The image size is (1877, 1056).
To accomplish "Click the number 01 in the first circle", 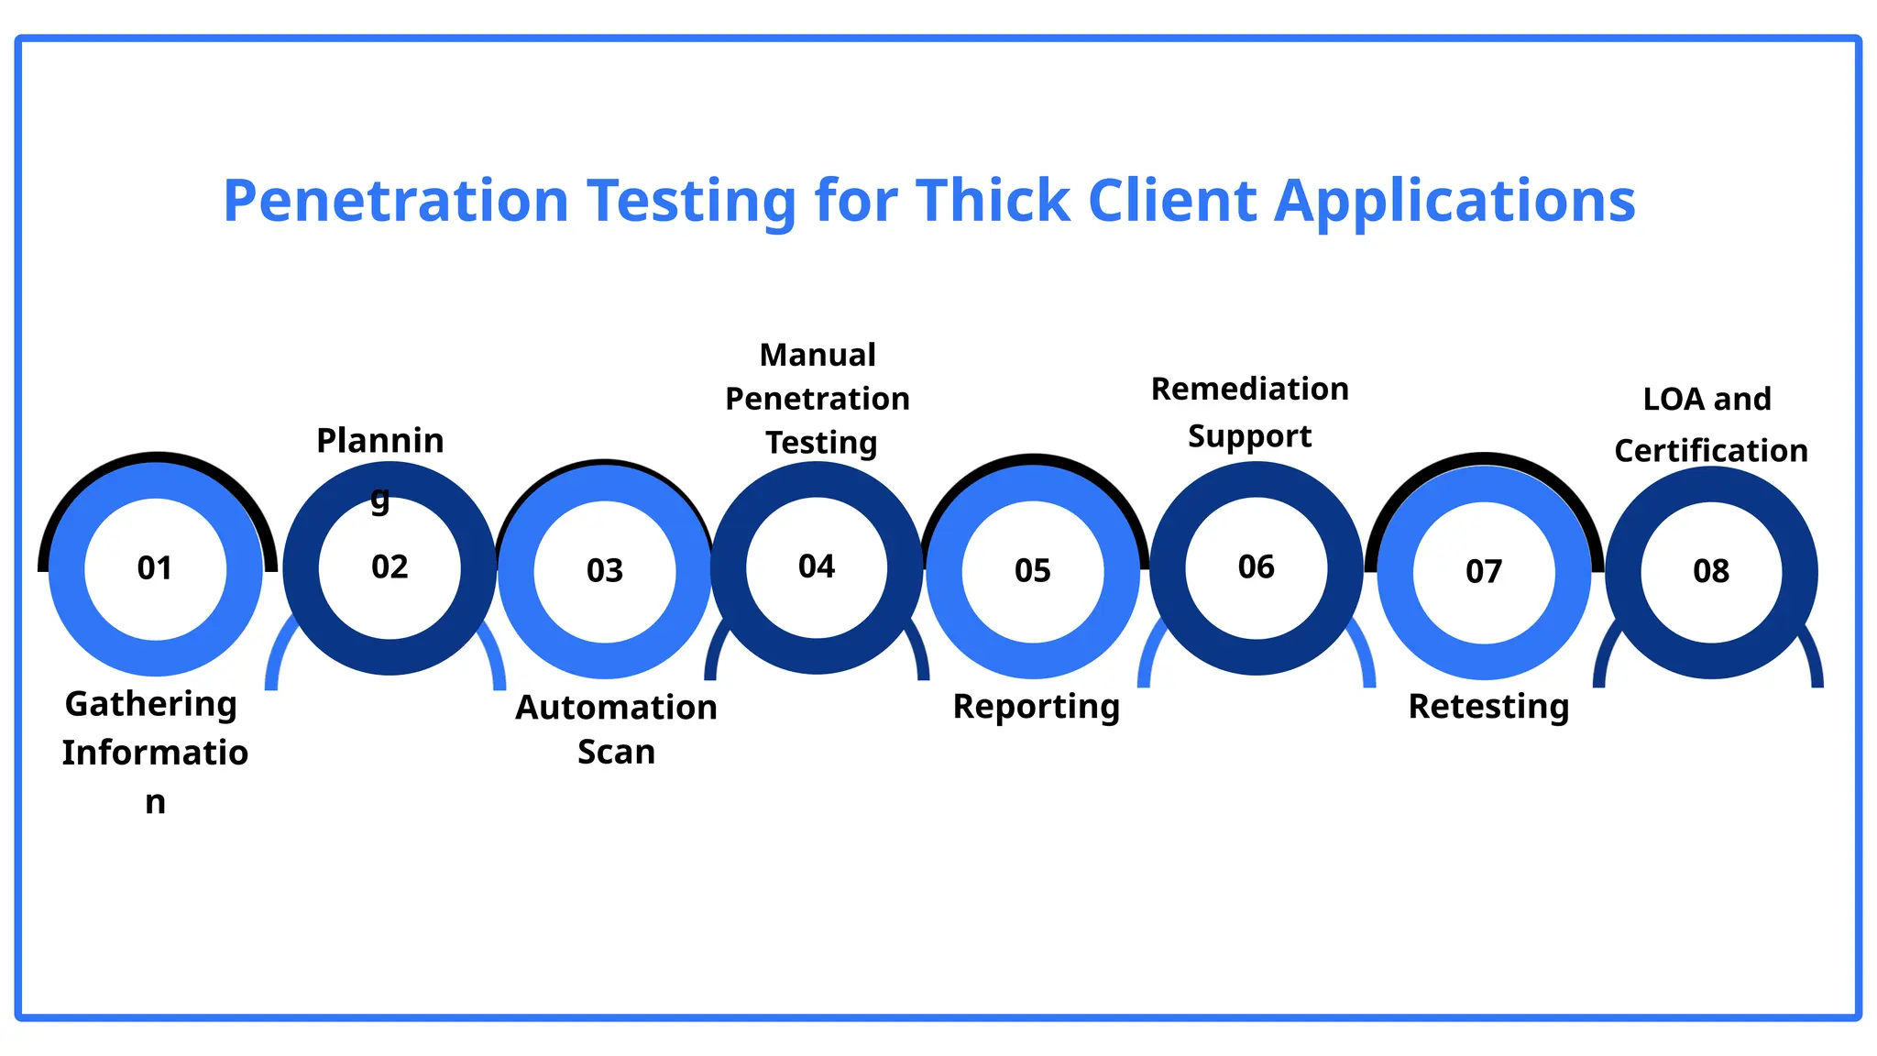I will (x=155, y=568).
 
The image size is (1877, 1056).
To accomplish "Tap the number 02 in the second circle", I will (x=390, y=567).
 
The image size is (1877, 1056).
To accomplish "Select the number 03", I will (x=605, y=571).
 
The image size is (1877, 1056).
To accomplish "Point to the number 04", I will (x=817, y=566).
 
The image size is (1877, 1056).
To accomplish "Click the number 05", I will (x=1033, y=571).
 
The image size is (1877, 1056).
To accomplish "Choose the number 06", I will (x=1256, y=567).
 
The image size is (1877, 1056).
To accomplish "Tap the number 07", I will (x=1484, y=572).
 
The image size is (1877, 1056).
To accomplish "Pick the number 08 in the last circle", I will (x=1711, y=571).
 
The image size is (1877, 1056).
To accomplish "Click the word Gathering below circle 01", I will (x=151, y=705).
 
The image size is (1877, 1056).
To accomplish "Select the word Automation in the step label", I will (x=616, y=708).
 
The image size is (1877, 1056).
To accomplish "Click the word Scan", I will (x=616, y=753).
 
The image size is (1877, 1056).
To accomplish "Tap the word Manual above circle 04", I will (x=818, y=355).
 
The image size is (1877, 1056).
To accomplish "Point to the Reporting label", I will (x=1037, y=708).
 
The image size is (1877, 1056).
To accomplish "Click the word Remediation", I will (x=1250, y=389).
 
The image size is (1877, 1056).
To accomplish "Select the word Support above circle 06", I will (x=1250, y=436).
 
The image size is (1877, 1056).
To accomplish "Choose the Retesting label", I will (x=1488, y=707).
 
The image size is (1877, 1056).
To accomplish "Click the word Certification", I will (x=1711, y=451).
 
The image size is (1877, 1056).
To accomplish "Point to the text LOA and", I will (x=1707, y=400).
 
